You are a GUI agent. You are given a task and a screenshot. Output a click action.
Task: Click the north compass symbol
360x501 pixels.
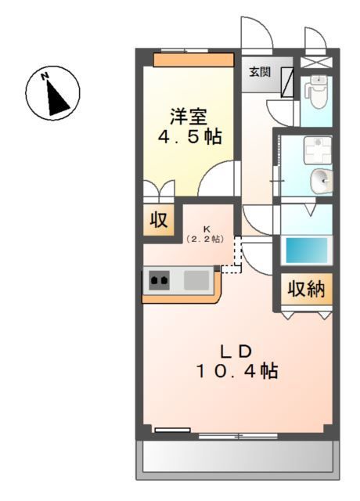tap(52, 93)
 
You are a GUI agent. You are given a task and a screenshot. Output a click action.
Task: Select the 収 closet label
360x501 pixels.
tap(159, 221)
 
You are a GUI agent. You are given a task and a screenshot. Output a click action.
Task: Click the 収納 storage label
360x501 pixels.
tap(307, 290)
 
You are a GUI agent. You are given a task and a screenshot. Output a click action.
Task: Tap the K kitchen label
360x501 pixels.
tap(207, 228)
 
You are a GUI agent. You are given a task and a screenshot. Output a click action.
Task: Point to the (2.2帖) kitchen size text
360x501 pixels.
tap(206, 238)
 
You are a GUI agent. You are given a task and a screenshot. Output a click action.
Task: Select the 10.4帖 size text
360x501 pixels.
tap(236, 371)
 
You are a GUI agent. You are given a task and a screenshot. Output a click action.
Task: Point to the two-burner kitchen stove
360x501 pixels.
tap(160, 279)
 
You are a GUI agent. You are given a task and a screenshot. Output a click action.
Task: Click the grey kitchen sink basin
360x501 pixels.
tap(197, 279)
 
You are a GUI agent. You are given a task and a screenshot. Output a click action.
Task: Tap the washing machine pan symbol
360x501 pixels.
tap(319, 149)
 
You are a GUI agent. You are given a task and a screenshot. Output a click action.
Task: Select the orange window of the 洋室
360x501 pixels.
tap(193, 59)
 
